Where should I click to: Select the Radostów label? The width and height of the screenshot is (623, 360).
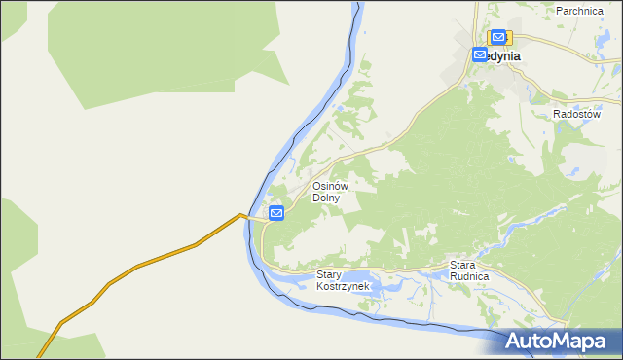pos(573,114)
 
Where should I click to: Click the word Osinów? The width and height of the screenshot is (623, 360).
pos(330,186)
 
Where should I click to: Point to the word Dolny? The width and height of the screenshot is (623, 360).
pos(325,198)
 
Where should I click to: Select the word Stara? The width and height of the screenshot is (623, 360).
pos(462,265)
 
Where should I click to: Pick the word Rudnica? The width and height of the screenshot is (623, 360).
pos(468,276)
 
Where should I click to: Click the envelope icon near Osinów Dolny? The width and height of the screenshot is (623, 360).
pos(276,212)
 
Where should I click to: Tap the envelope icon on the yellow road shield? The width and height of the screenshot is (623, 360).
pos(498,37)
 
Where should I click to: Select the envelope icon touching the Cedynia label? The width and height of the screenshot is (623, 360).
pos(480,55)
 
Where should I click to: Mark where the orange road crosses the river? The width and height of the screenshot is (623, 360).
pos(255,219)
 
